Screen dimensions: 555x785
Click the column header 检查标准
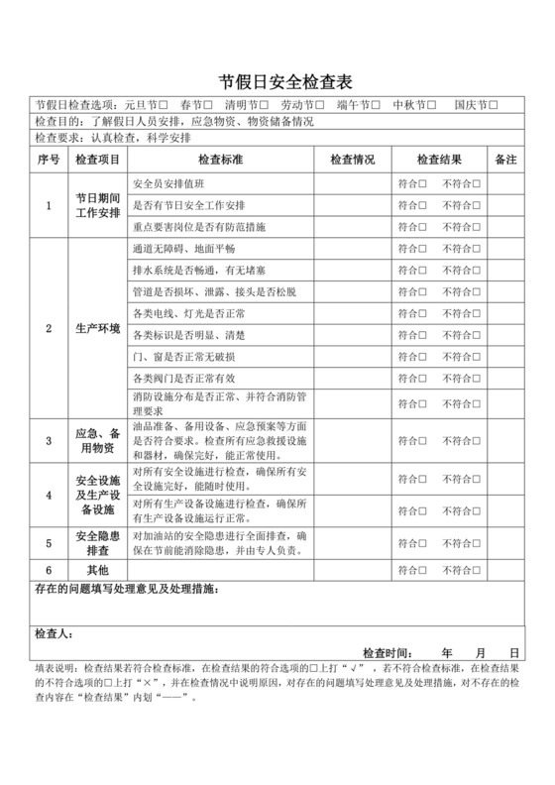[222, 159]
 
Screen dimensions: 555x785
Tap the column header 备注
[504, 159]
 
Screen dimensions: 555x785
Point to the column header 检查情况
[352, 159]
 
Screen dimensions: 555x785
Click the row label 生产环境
[98, 328]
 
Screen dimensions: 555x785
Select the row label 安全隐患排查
[98, 542]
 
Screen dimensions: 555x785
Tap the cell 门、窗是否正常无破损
[184, 356]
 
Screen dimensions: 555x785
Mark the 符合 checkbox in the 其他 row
[423, 571]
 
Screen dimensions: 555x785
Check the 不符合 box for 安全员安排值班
[477, 184]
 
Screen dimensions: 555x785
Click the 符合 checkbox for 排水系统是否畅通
[423, 270]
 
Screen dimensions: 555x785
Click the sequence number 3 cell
[49, 439]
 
